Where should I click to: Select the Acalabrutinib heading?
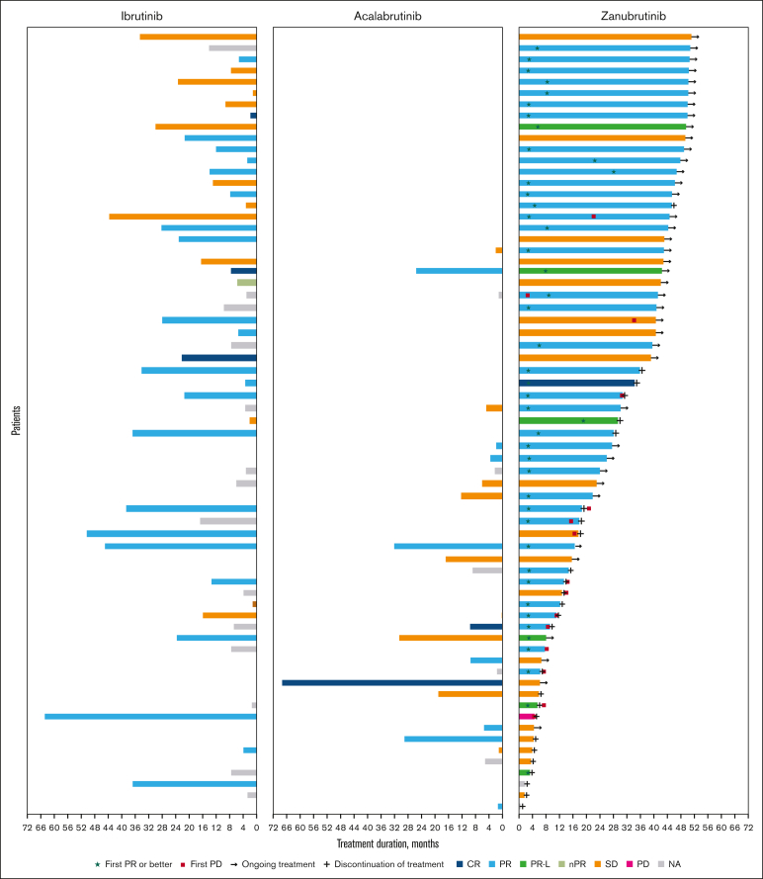(x=387, y=17)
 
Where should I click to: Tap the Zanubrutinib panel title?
(x=633, y=17)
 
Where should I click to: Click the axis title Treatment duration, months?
(x=386, y=843)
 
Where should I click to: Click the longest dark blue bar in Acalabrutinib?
(x=391, y=682)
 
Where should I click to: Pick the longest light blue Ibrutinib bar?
(x=150, y=716)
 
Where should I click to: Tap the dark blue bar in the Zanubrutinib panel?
(x=577, y=383)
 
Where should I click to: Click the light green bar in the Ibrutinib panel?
(x=246, y=283)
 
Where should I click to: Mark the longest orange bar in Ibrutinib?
(x=183, y=216)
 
